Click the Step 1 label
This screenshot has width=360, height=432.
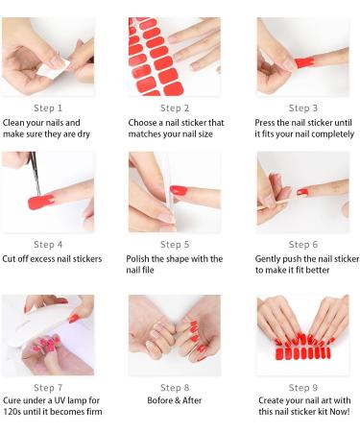tap(47, 108)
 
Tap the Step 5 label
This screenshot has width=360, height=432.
tap(175, 245)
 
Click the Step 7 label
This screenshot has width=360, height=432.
tap(47, 387)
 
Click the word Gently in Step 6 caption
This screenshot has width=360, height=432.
tap(271, 259)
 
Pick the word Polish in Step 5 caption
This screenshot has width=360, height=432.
tap(141, 259)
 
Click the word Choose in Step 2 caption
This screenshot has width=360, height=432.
tap(144, 123)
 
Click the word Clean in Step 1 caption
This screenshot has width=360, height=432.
tap(15, 123)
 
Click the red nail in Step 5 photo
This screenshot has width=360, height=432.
tap(180, 192)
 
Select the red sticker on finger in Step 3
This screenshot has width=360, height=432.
tap(304, 61)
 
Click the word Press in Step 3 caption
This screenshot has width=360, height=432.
tap(268, 123)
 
